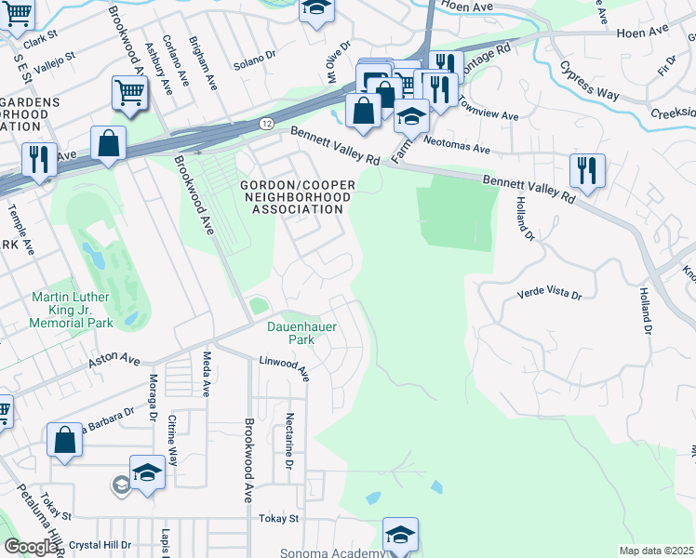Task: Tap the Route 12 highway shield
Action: [x=267, y=123]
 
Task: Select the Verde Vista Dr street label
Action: [x=549, y=294]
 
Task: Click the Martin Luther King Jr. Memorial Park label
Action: [x=71, y=310]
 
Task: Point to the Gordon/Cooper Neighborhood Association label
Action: [x=296, y=197]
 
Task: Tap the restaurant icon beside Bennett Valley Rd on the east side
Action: [x=587, y=171]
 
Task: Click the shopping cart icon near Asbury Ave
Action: [x=129, y=92]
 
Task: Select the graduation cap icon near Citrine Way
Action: [x=147, y=472]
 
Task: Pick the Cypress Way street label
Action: [x=589, y=82]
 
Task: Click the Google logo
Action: [x=31, y=547]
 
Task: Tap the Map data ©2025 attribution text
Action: [x=656, y=551]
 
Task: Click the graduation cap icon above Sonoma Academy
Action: [x=400, y=535]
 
